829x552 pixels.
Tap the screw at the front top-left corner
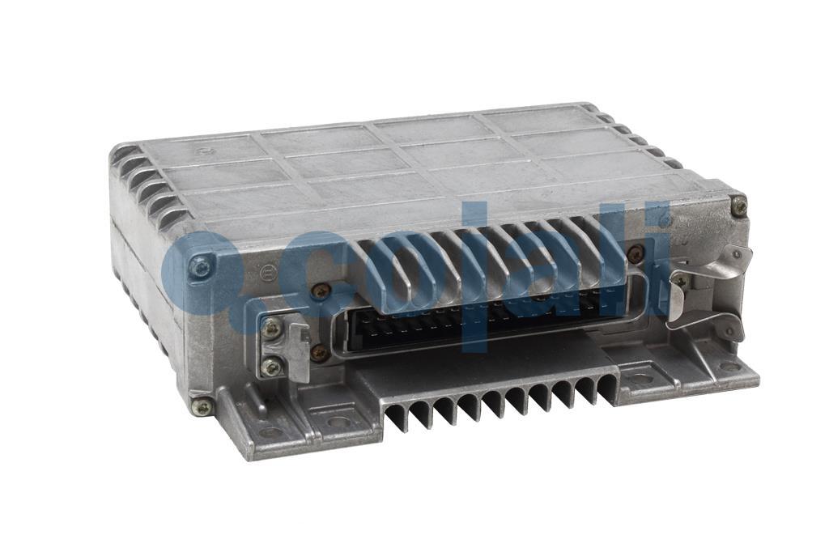(202, 265)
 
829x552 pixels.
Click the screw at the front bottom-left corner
(202, 406)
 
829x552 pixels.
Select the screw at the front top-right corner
(739, 206)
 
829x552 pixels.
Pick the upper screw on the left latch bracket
(272, 329)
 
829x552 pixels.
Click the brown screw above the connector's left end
(320, 291)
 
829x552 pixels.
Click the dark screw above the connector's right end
(636, 254)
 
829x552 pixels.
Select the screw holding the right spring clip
(679, 281)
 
